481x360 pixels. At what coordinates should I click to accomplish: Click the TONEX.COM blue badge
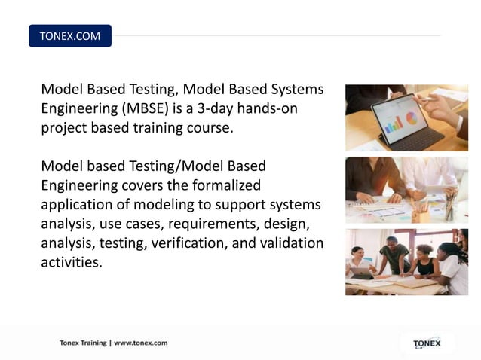tap(69, 36)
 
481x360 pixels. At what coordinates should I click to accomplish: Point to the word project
tap(64, 128)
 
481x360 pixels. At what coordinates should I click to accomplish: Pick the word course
tap(211, 128)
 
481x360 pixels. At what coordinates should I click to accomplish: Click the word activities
tap(71, 263)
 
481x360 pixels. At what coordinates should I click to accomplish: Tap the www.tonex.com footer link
tap(141, 343)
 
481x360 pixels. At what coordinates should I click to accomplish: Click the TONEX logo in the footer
tap(427, 343)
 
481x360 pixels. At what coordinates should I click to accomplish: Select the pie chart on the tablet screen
tap(411, 118)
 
